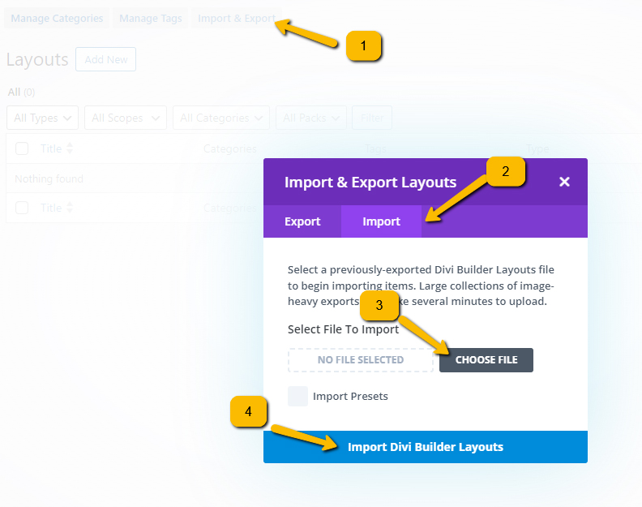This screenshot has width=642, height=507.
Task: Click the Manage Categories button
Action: click(x=57, y=18)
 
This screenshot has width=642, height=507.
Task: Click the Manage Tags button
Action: click(x=150, y=18)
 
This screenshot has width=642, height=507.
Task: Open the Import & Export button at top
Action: click(x=236, y=18)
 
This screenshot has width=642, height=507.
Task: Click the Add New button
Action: click(x=105, y=59)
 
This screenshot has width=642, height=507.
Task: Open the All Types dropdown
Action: click(x=42, y=118)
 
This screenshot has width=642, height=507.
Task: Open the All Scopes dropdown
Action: click(x=125, y=118)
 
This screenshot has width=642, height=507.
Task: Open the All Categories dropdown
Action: click(x=221, y=118)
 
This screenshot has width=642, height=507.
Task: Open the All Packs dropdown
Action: click(x=311, y=118)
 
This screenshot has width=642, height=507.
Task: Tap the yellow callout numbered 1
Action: click(x=363, y=46)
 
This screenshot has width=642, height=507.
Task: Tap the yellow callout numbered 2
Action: click(x=505, y=171)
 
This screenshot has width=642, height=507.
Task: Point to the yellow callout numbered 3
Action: click(x=379, y=305)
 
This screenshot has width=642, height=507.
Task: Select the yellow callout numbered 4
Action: click(x=250, y=411)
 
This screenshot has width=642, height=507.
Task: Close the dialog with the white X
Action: click(x=564, y=182)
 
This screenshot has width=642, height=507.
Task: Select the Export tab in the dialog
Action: click(x=302, y=221)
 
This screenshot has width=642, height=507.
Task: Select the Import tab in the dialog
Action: click(x=381, y=221)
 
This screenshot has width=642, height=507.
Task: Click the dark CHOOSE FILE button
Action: click(x=486, y=360)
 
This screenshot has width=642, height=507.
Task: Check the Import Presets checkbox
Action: click(x=298, y=396)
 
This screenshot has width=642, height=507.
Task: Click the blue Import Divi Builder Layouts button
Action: click(x=426, y=447)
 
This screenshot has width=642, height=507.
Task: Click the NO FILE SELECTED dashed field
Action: click(x=361, y=360)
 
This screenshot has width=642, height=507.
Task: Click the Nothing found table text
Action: click(x=49, y=178)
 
